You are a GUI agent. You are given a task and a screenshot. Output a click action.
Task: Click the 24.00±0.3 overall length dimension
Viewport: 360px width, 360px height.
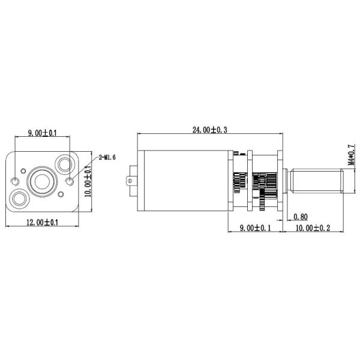pyautogui.click(x=209, y=130)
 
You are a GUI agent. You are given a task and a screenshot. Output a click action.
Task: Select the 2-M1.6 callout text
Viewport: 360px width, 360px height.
pyautogui.click(x=107, y=157)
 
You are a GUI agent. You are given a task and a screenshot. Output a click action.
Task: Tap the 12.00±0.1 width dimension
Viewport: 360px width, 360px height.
pyautogui.click(x=43, y=222)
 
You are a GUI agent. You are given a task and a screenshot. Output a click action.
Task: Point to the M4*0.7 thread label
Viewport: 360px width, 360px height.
pyautogui.click(x=352, y=155)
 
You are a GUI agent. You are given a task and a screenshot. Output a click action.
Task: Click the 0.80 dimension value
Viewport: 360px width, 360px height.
pyautogui.click(x=301, y=217)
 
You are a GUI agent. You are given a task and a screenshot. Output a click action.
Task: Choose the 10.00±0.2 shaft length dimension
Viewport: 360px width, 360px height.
pyautogui.click(x=313, y=228)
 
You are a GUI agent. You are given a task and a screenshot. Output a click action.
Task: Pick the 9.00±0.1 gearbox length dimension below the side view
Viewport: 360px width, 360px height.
pyautogui.click(x=256, y=228)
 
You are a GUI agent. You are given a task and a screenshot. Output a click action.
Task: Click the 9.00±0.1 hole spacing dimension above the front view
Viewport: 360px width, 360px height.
pyautogui.click(x=42, y=133)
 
